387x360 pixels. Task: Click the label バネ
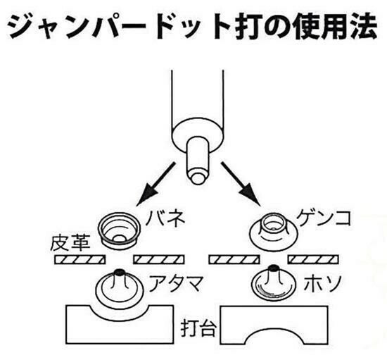tap(165, 218)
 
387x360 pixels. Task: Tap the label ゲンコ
tap(324, 218)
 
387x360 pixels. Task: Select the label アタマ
tap(176, 283)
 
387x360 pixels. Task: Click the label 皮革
tap(70, 243)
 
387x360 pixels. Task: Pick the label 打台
tap(199, 328)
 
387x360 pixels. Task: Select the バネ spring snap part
tap(120, 230)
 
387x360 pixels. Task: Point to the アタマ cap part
tap(120, 287)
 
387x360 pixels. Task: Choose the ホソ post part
tap(274, 283)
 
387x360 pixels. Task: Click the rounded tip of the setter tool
tap(198, 178)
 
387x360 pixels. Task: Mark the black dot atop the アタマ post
tap(120, 271)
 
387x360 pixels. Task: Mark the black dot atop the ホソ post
tap(274, 268)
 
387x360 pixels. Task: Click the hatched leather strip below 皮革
tap(80, 260)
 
